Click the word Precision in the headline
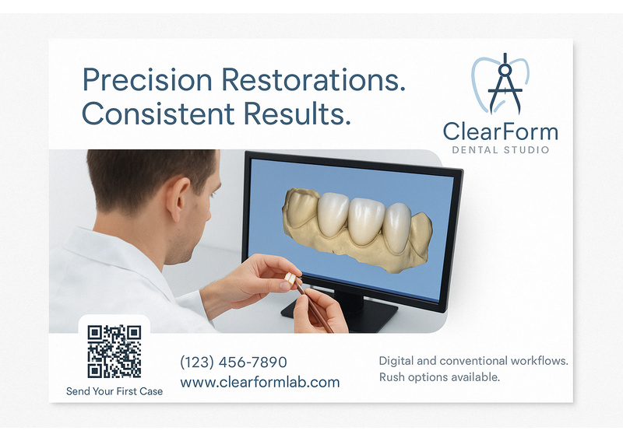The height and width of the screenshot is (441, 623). [x=147, y=80]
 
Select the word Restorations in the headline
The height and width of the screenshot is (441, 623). [x=314, y=79]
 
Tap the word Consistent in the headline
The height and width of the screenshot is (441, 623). [x=158, y=114]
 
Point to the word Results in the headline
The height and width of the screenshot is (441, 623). [x=297, y=113]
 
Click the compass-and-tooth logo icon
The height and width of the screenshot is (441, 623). [x=500, y=84]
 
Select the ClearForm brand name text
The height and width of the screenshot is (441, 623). [x=501, y=131]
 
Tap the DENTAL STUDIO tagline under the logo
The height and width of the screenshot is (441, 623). [x=501, y=150]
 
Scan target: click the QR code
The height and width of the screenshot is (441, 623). [x=114, y=352]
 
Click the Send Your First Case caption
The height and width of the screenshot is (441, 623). [x=114, y=391]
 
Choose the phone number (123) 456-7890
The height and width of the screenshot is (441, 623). [x=234, y=362]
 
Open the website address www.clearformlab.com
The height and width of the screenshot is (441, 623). [x=260, y=382]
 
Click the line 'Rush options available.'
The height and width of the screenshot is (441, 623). [x=439, y=376]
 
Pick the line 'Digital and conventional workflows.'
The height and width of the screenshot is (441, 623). [x=473, y=361]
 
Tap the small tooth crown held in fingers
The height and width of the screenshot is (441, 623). [x=290, y=278]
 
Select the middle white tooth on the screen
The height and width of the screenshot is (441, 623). [x=366, y=221]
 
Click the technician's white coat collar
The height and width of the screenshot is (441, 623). [x=119, y=254]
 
